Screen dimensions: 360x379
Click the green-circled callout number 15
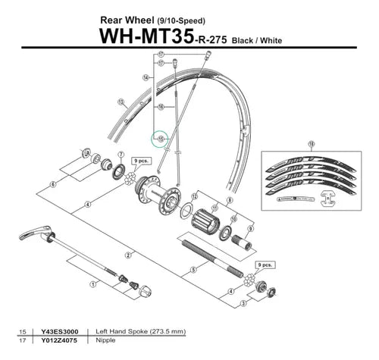coord(160,139)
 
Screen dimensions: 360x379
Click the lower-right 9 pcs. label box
coord(265,265)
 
